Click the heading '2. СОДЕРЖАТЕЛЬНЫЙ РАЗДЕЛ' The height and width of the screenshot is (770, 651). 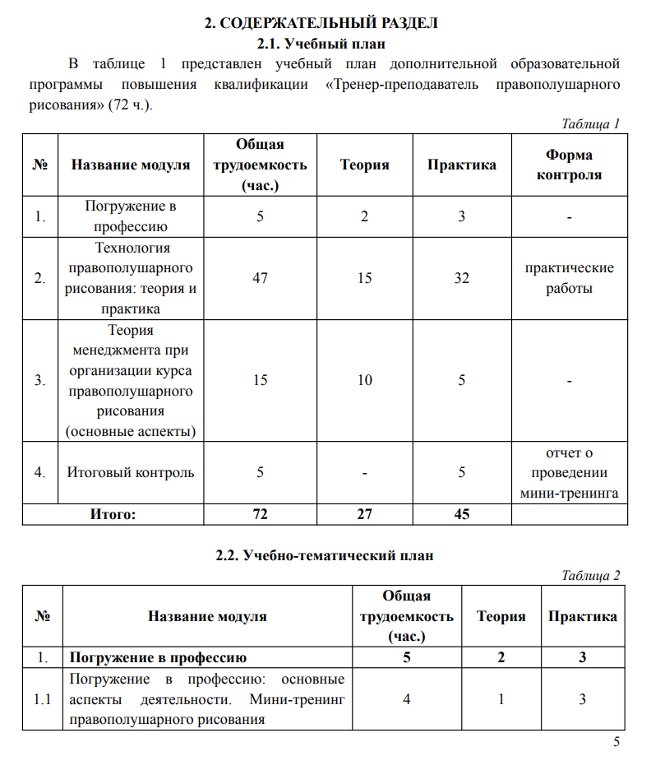(321, 23)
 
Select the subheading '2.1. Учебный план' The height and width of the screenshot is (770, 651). (321, 43)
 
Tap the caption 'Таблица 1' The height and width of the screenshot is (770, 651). (590, 124)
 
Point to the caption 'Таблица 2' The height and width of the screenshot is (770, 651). (590, 576)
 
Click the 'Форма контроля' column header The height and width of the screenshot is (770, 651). (568, 165)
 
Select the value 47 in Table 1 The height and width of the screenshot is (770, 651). (260, 278)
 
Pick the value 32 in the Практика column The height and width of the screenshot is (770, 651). (462, 278)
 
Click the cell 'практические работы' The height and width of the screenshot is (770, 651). (568, 278)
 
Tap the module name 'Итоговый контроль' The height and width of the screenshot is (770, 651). (130, 472)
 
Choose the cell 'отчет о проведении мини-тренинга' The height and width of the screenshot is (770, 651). (568, 473)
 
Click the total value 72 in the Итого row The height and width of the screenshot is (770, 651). (260, 514)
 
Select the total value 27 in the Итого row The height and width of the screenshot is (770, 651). (365, 514)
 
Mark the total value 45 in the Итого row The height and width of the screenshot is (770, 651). (462, 514)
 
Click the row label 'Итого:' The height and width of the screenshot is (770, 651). (112, 514)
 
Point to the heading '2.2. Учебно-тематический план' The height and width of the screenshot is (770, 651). (324, 555)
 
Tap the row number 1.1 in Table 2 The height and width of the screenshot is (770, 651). (42, 700)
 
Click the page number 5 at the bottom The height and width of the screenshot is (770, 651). (616, 744)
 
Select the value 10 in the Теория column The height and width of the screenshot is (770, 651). (365, 380)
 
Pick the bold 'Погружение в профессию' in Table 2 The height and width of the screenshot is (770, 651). (159, 658)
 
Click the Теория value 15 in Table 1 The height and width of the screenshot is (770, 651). (365, 278)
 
